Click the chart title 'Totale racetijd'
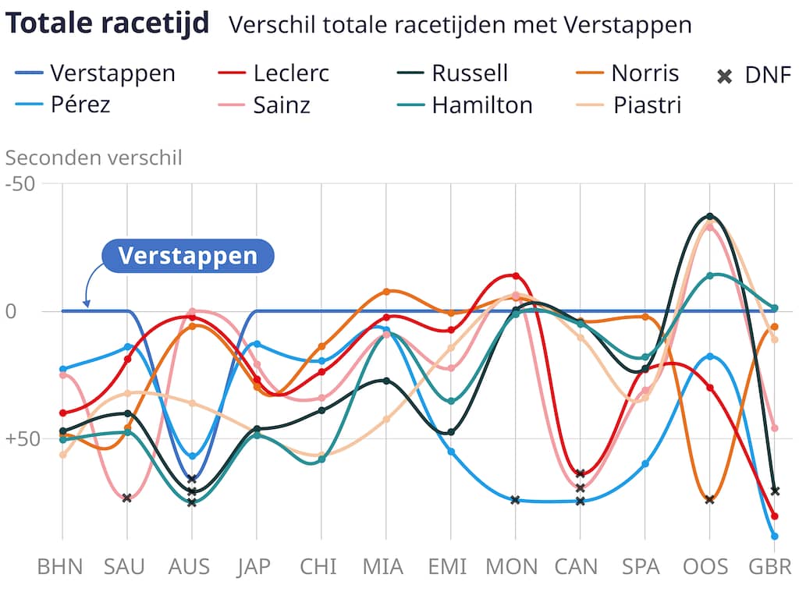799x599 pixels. click(107, 24)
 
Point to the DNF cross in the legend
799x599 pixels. click(725, 76)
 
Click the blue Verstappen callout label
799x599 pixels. click(187, 256)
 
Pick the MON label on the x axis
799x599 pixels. click(512, 566)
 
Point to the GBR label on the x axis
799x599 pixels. click(770, 566)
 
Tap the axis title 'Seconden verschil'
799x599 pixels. click(94, 158)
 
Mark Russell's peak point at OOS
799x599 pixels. click(709, 216)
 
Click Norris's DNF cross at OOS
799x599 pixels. click(709, 499)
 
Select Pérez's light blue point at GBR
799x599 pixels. click(774, 536)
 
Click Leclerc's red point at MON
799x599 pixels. click(516, 276)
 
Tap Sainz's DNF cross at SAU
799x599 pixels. click(127, 498)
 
